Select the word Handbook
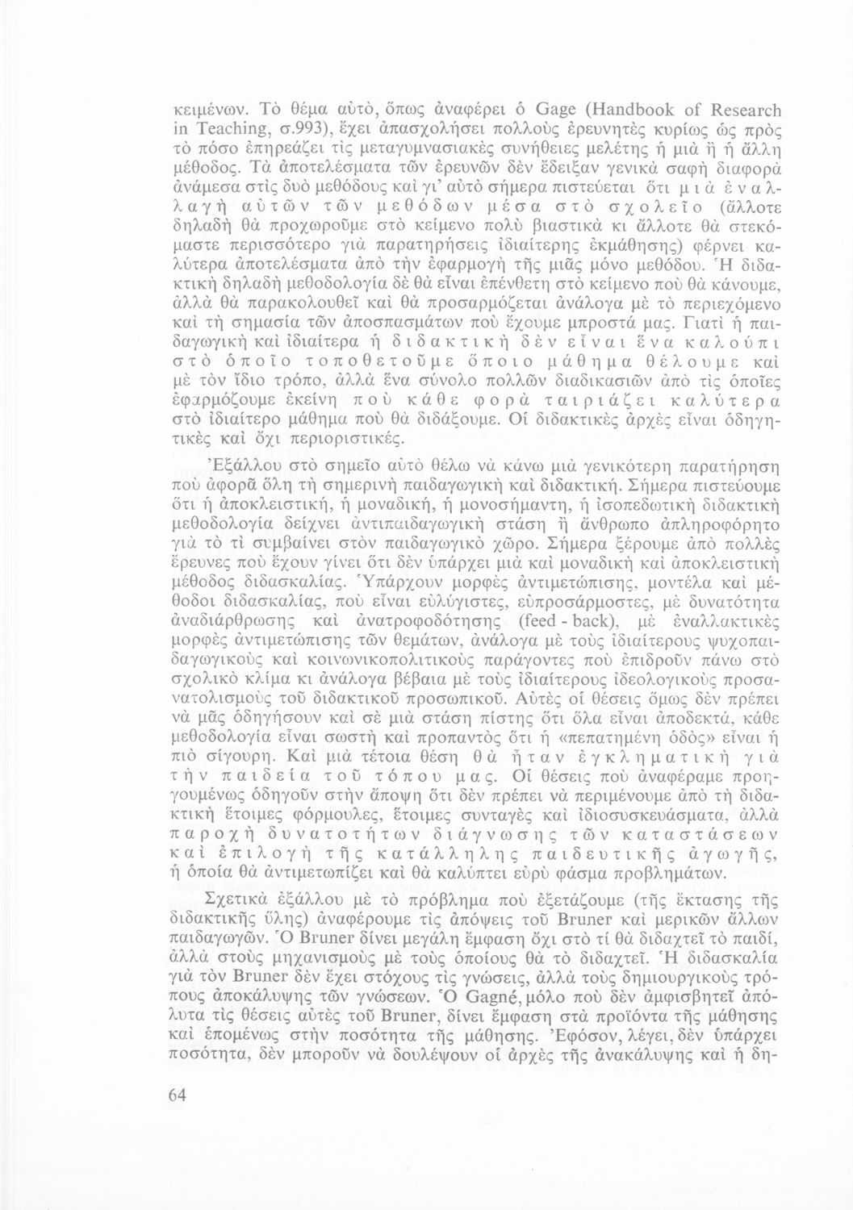pyautogui.click(x=594, y=111)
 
